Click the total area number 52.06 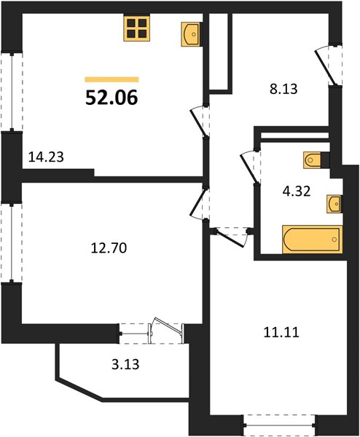coord(111,98)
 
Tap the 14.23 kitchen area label coord(46,157)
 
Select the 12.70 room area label coord(109,248)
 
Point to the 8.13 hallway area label coord(283,89)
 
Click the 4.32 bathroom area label coord(297,192)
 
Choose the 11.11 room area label coord(281,333)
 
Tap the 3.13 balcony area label coord(125,364)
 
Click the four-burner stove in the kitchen coord(137,28)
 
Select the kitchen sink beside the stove coord(192,34)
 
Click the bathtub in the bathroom coord(313,240)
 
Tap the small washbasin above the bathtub coord(334,204)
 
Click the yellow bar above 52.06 coord(111,79)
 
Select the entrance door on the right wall coord(329,66)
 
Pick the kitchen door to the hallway coord(200,122)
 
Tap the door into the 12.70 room coord(200,204)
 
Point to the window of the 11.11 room coord(279,425)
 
